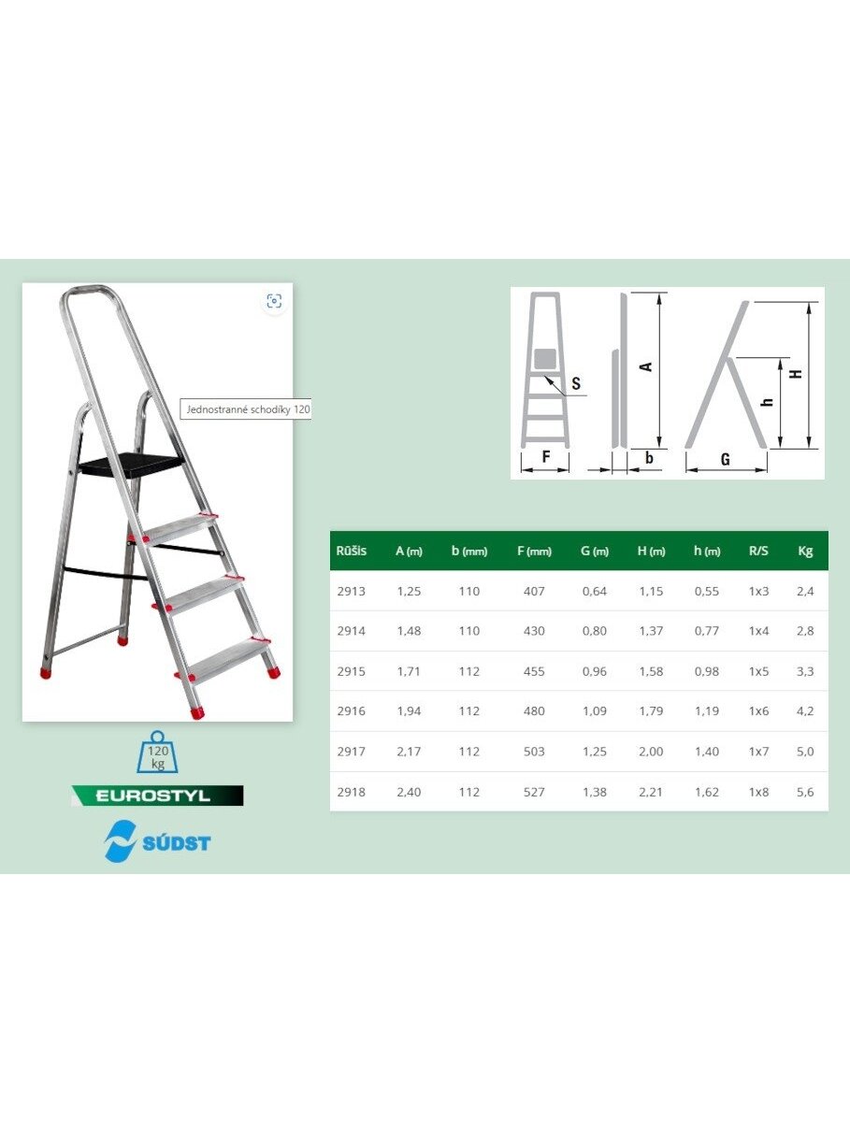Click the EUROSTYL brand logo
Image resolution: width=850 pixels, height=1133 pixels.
(x=157, y=795)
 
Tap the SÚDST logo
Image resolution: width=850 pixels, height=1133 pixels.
(x=157, y=841)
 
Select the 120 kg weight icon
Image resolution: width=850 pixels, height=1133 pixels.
(x=157, y=752)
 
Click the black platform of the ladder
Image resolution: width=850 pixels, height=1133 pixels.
(x=131, y=464)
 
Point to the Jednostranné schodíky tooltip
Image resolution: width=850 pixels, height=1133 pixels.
(x=246, y=409)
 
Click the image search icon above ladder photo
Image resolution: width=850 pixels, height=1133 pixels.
(x=274, y=301)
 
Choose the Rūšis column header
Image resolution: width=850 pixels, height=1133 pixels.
(x=351, y=551)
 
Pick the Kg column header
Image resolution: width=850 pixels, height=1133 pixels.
(x=805, y=552)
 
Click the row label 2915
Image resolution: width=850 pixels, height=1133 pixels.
(x=351, y=671)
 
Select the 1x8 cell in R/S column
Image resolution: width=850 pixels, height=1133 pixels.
(x=758, y=792)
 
